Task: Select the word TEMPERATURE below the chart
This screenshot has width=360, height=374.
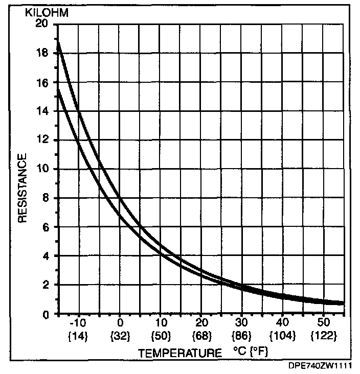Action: (x=180, y=353)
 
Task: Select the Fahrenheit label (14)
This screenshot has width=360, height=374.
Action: (x=79, y=337)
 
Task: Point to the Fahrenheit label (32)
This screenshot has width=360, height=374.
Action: (x=120, y=337)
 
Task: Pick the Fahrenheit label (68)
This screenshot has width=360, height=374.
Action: (x=201, y=337)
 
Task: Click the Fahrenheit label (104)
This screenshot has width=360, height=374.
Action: (x=282, y=337)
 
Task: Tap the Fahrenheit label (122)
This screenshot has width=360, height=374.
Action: (x=323, y=337)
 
